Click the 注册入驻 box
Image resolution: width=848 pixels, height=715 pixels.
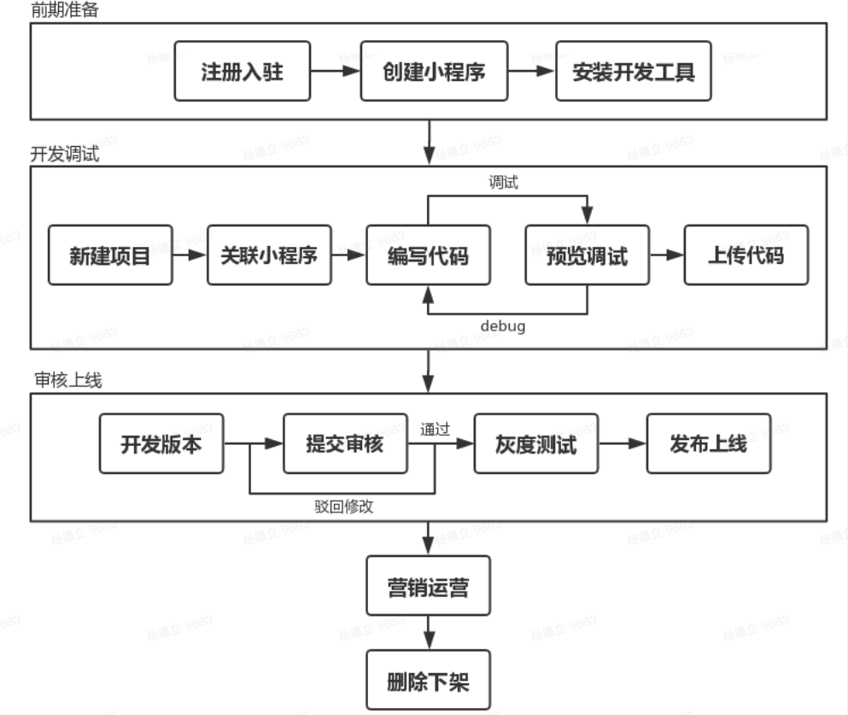click(242, 71)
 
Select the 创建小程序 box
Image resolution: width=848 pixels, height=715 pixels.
click(434, 71)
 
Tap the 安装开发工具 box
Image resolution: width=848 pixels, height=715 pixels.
click(633, 71)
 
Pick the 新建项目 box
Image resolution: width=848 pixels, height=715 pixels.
click(110, 255)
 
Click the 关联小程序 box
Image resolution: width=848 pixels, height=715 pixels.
click(269, 255)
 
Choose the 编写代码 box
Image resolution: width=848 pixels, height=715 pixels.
click(428, 255)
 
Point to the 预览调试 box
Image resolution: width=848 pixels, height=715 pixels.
click(587, 255)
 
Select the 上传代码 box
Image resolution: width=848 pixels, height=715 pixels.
click(746, 255)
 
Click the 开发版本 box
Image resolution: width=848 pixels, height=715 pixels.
click(161, 443)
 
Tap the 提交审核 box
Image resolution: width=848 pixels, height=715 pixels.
click(345, 443)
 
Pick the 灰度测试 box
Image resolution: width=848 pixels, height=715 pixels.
click(535, 443)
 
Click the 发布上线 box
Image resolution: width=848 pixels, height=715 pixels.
click(708, 443)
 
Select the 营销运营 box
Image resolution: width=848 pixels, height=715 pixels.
click(428, 586)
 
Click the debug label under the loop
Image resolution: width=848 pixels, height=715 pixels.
click(502, 326)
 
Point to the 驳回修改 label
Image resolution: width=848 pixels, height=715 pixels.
click(343, 505)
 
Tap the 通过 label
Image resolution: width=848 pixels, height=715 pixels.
click(435, 429)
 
